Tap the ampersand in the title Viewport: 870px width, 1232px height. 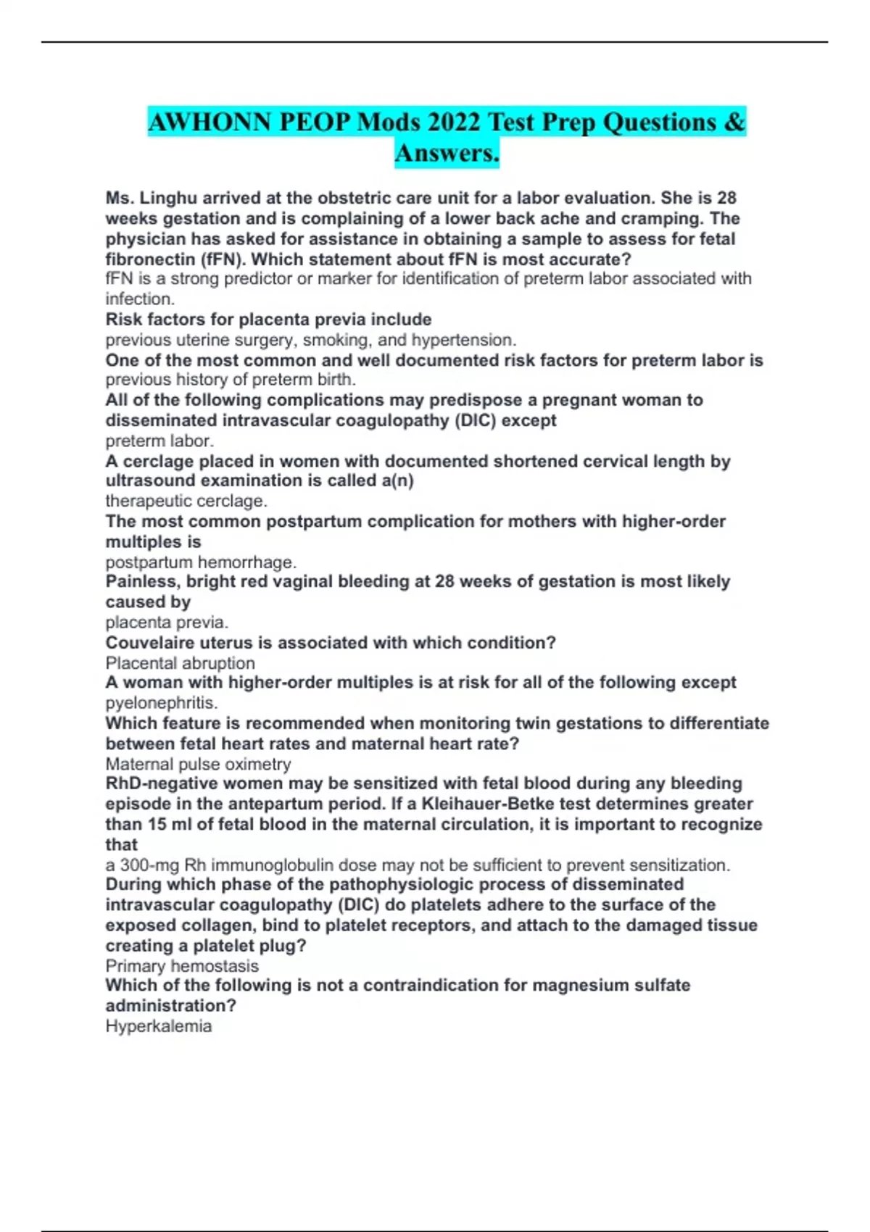pyautogui.click(x=734, y=122)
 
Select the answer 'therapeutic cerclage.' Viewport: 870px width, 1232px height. pyautogui.click(x=186, y=501)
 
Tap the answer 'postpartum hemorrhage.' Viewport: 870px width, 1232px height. pyautogui.click(x=201, y=562)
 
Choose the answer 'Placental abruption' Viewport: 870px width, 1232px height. pyautogui.click(x=180, y=663)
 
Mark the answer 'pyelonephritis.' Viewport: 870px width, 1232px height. pyautogui.click(x=161, y=703)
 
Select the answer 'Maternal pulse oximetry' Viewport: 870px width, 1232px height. pyautogui.click(x=198, y=764)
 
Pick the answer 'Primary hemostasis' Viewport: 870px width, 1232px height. pyautogui.click(x=182, y=966)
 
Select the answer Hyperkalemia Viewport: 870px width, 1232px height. pyautogui.click(x=158, y=1026)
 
